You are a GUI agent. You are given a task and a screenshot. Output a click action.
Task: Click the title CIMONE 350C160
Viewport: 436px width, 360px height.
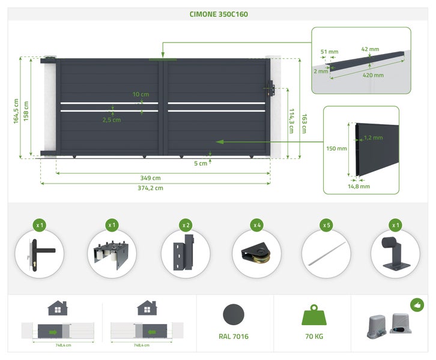tap(219, 14)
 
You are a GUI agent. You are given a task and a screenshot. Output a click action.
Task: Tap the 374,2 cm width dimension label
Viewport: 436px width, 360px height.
tap(150, 188)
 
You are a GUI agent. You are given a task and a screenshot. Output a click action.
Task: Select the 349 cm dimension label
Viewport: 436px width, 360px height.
tap(150, 178)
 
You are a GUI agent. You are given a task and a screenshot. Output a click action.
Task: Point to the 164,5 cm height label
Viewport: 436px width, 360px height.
tap(16, 111)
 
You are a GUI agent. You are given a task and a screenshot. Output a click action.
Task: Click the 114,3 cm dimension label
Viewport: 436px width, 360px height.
tap(291, 121)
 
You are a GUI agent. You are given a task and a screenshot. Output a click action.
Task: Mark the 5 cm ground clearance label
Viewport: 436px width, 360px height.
tap(201, 163)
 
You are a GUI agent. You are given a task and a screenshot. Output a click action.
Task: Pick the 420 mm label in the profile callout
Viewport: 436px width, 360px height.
tap(373, 75)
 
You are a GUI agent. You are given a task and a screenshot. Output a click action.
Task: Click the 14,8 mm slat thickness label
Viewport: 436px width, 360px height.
tap(359, 187)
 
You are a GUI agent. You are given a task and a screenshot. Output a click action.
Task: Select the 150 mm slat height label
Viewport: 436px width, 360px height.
tap(336, 149)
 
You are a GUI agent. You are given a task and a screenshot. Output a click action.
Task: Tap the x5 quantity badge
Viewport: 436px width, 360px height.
tap(327, 225)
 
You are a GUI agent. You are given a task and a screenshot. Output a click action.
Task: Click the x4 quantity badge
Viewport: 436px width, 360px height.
tap(257, 225)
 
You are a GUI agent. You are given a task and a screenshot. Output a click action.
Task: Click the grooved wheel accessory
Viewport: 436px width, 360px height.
tap(256, 253)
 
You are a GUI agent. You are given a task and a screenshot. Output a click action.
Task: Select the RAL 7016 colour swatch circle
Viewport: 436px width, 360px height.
tap(234, 314)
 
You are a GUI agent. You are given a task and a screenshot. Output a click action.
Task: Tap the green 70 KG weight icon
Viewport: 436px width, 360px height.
tap(314, 315)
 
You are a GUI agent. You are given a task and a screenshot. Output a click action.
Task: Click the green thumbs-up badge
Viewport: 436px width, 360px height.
tap(417, 305)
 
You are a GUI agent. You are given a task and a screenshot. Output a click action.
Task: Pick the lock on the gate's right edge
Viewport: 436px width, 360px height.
tap(270, 88)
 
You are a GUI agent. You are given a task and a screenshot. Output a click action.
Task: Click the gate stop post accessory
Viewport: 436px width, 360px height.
tap(395, 254)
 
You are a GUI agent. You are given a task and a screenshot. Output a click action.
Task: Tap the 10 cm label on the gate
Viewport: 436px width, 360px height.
tap(141, 94)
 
